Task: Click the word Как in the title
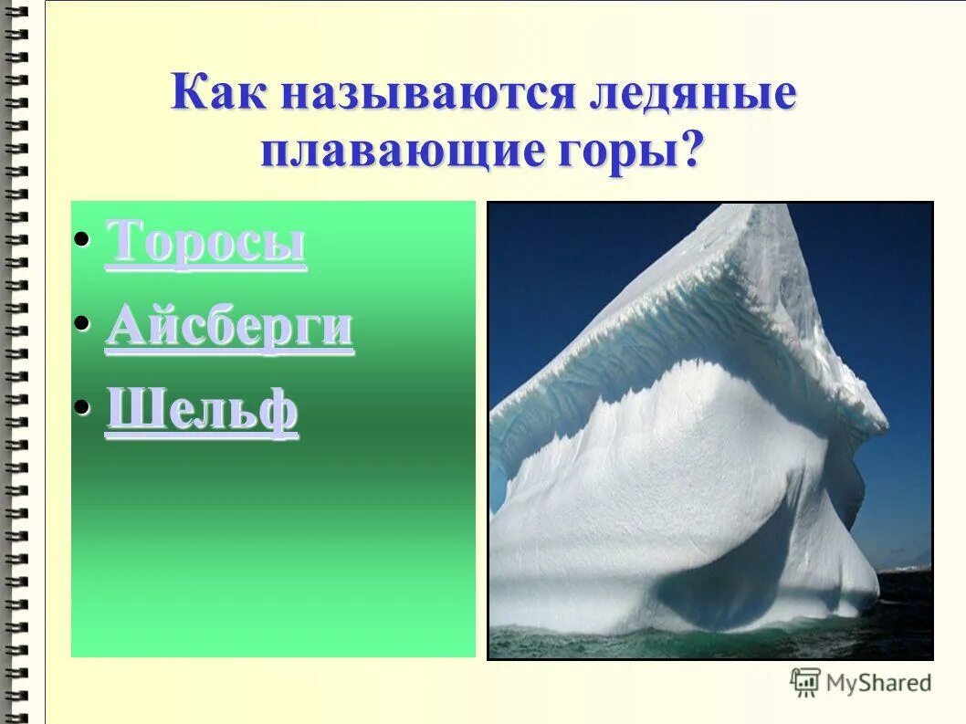217,95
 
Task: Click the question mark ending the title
693,150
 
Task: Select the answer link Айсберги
229,327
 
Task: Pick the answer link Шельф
202,413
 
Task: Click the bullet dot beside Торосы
82,240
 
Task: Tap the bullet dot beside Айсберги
82,322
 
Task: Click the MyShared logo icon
805,682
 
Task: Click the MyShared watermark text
878,683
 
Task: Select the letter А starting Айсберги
123,327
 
